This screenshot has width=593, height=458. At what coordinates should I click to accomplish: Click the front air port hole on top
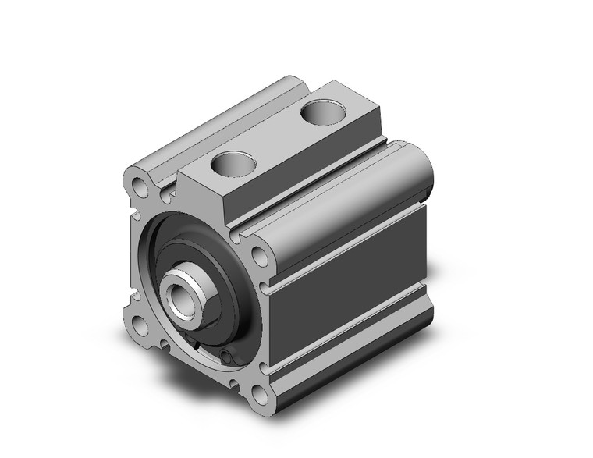tap(232, 164)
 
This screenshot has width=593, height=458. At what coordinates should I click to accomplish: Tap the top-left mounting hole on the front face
tap(140, 188)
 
